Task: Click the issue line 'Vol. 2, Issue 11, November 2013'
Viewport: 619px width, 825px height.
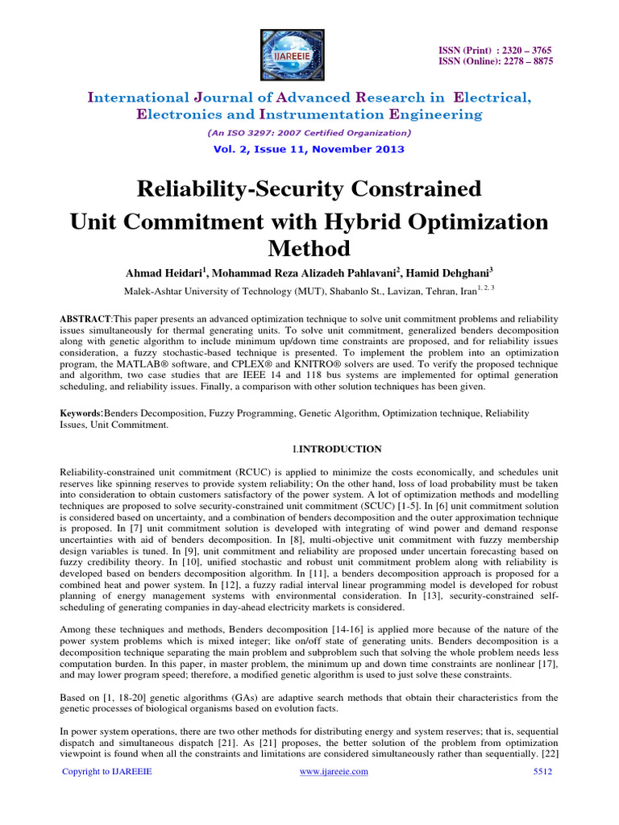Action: tap(309, 149)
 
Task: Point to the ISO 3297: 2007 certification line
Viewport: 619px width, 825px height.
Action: tap(309, 132)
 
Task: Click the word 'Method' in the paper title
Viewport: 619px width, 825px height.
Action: tap(309, 248)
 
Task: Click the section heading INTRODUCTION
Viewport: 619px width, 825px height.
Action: tap(340, 449)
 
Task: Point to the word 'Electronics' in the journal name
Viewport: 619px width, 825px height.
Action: tap(174, 114)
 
